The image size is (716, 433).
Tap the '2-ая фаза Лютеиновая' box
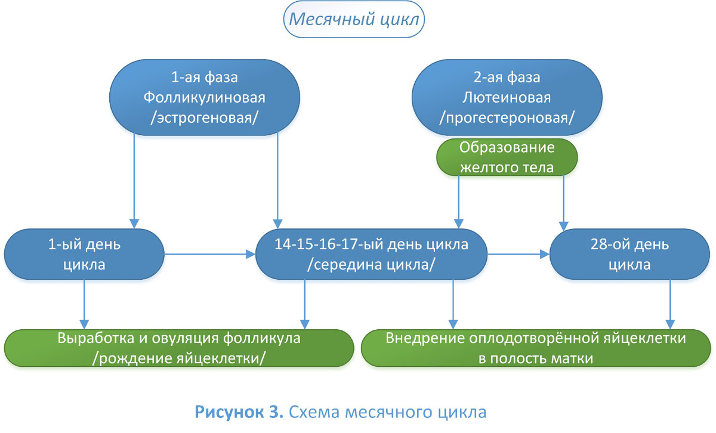click(x=507, y=97)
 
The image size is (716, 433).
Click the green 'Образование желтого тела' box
click(x=507, y=157)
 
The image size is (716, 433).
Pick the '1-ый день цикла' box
click(x=84, y=255)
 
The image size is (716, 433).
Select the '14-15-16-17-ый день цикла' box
click(x=371, y=255)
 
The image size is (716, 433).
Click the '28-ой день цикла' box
click(x=629, y=255)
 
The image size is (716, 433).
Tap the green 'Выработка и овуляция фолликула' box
click(x=179, y=347)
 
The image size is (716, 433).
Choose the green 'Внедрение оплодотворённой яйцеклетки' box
click(x=535, y=347)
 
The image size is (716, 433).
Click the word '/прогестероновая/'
click(x=507, y=118)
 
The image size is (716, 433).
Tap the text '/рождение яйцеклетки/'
click(x=179, y=357)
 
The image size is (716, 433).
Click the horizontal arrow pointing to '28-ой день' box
click(x=518, y=255)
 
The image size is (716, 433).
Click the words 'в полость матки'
click(x=535, y=358)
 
